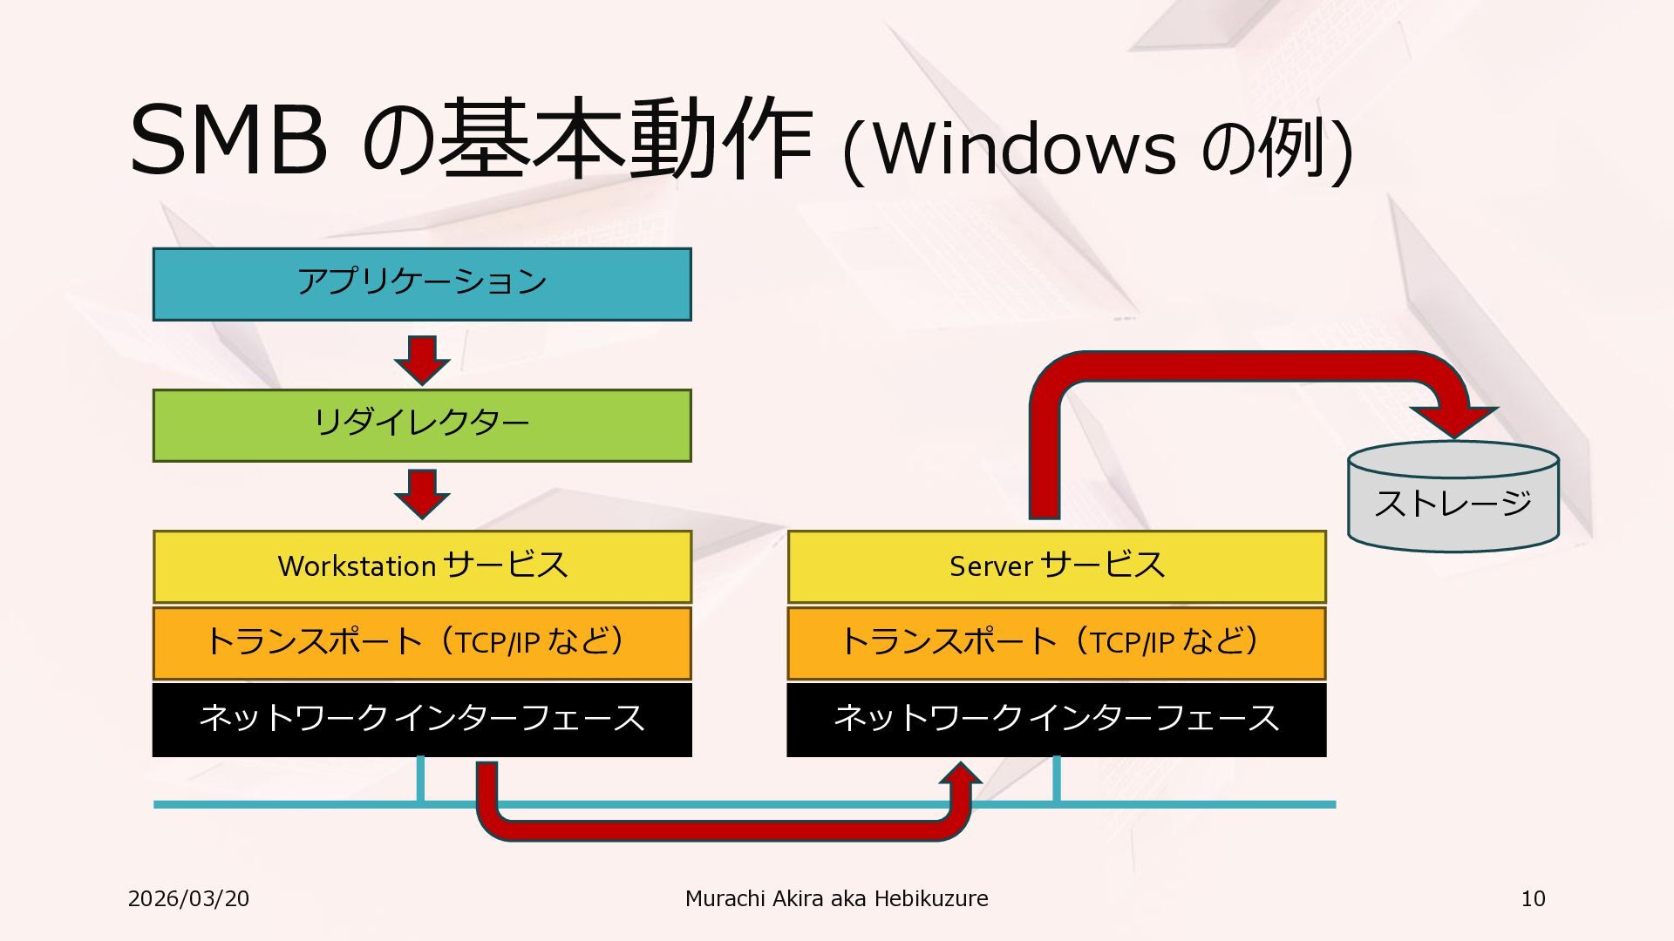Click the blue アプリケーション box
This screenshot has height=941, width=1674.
pos(422,284)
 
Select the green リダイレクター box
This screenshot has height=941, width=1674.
pos(422,425)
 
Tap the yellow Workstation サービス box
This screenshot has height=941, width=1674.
pos(422,566)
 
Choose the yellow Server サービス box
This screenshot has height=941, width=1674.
pos(1057,566)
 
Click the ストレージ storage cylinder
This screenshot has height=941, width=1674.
pos(1453,502)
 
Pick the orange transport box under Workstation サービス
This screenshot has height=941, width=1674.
pos(422,643)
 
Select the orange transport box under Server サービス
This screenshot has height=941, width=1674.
pos(1057,643)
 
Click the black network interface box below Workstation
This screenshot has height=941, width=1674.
pos(422,719)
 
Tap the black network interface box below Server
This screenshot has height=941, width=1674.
pos(1057,719)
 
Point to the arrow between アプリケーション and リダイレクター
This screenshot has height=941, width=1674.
pos(422,358)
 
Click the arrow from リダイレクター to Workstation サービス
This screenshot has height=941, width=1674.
pos(422,492)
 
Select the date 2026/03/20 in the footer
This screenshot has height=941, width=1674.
pos(188,898)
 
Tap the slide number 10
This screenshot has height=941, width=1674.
pos(1533,898)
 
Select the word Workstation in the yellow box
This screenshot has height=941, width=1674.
pos(357,566)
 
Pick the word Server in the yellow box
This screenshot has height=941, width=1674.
pos(990,566)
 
